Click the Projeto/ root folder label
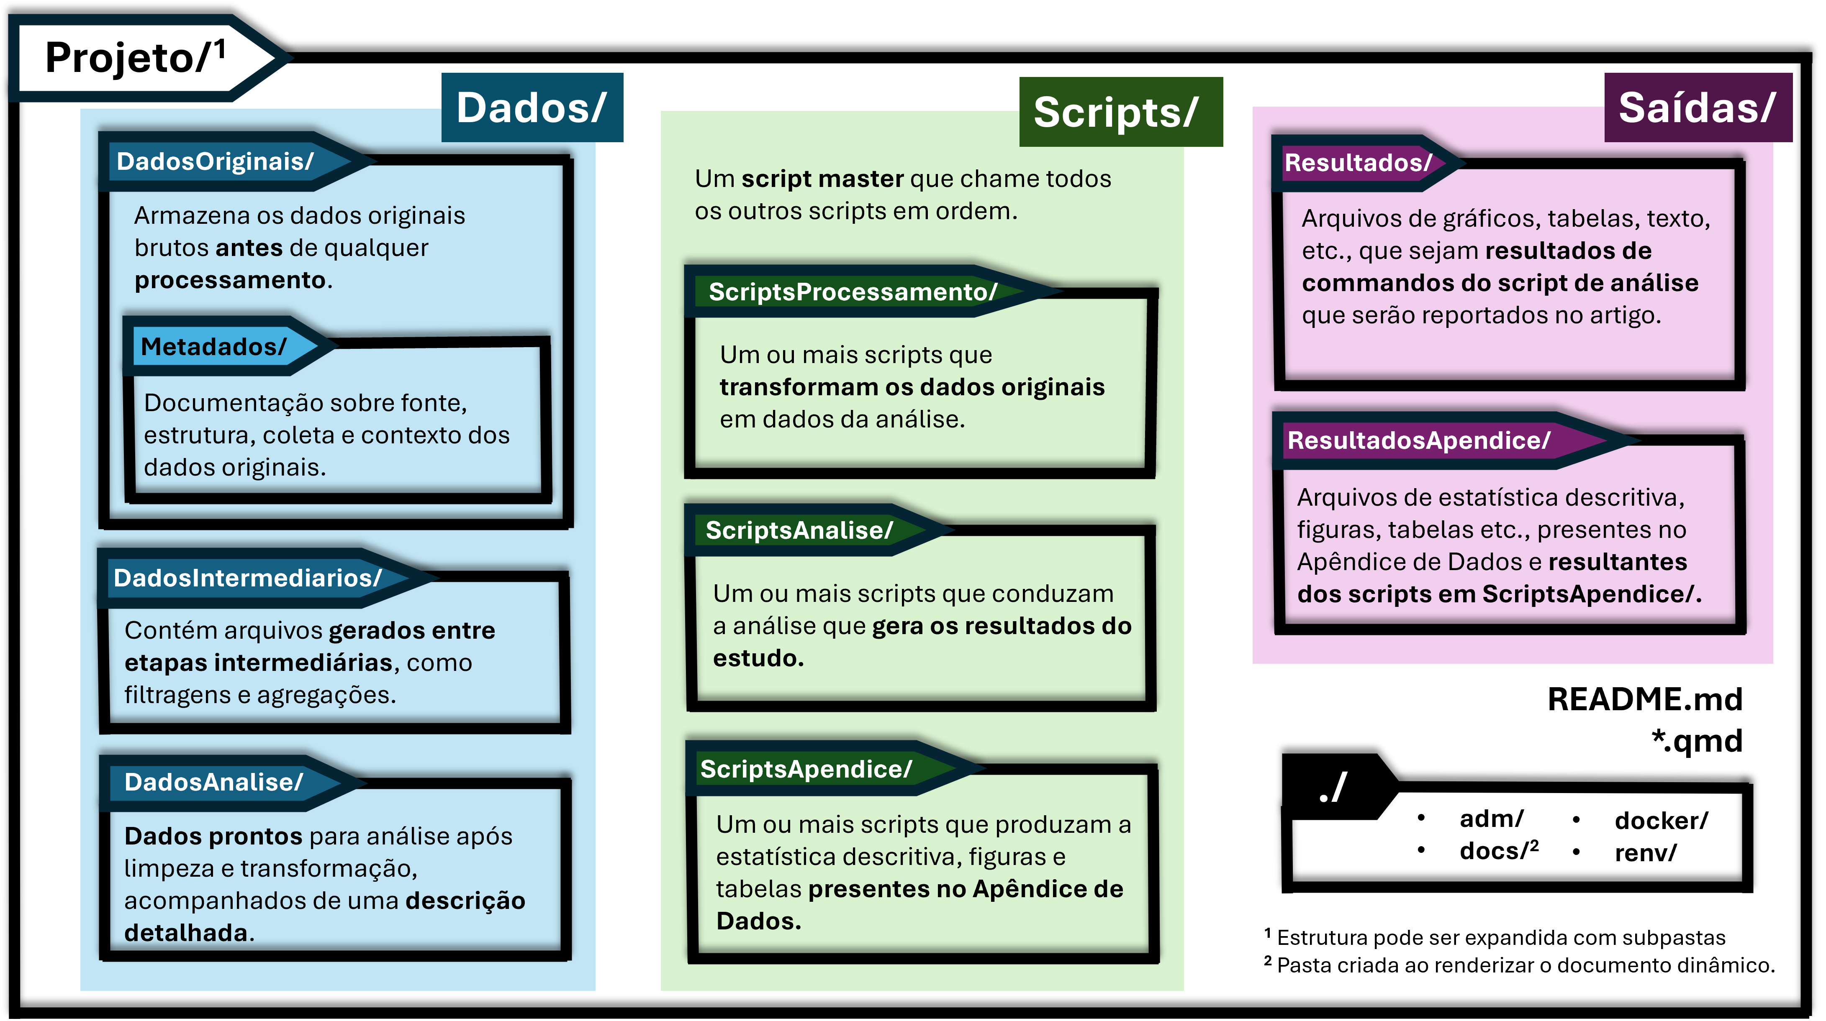[128, 58]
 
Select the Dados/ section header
[532, 107]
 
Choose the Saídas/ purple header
[1697, 107]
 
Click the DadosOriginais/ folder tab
[215, 161]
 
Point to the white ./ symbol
[1333, 788]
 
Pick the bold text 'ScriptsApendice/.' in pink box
[1591, 594]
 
